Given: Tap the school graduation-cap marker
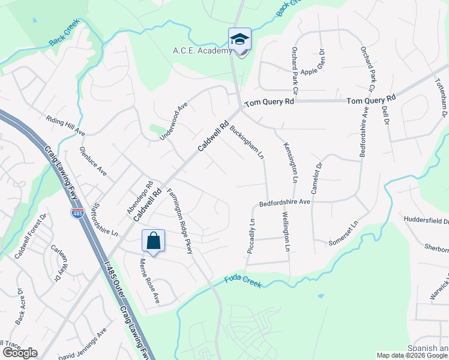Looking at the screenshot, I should [240, 40].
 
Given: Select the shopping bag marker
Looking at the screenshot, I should [154, 241].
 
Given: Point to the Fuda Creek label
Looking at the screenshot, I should [243, 281].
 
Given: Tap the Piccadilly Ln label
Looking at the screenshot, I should [252, 236].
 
